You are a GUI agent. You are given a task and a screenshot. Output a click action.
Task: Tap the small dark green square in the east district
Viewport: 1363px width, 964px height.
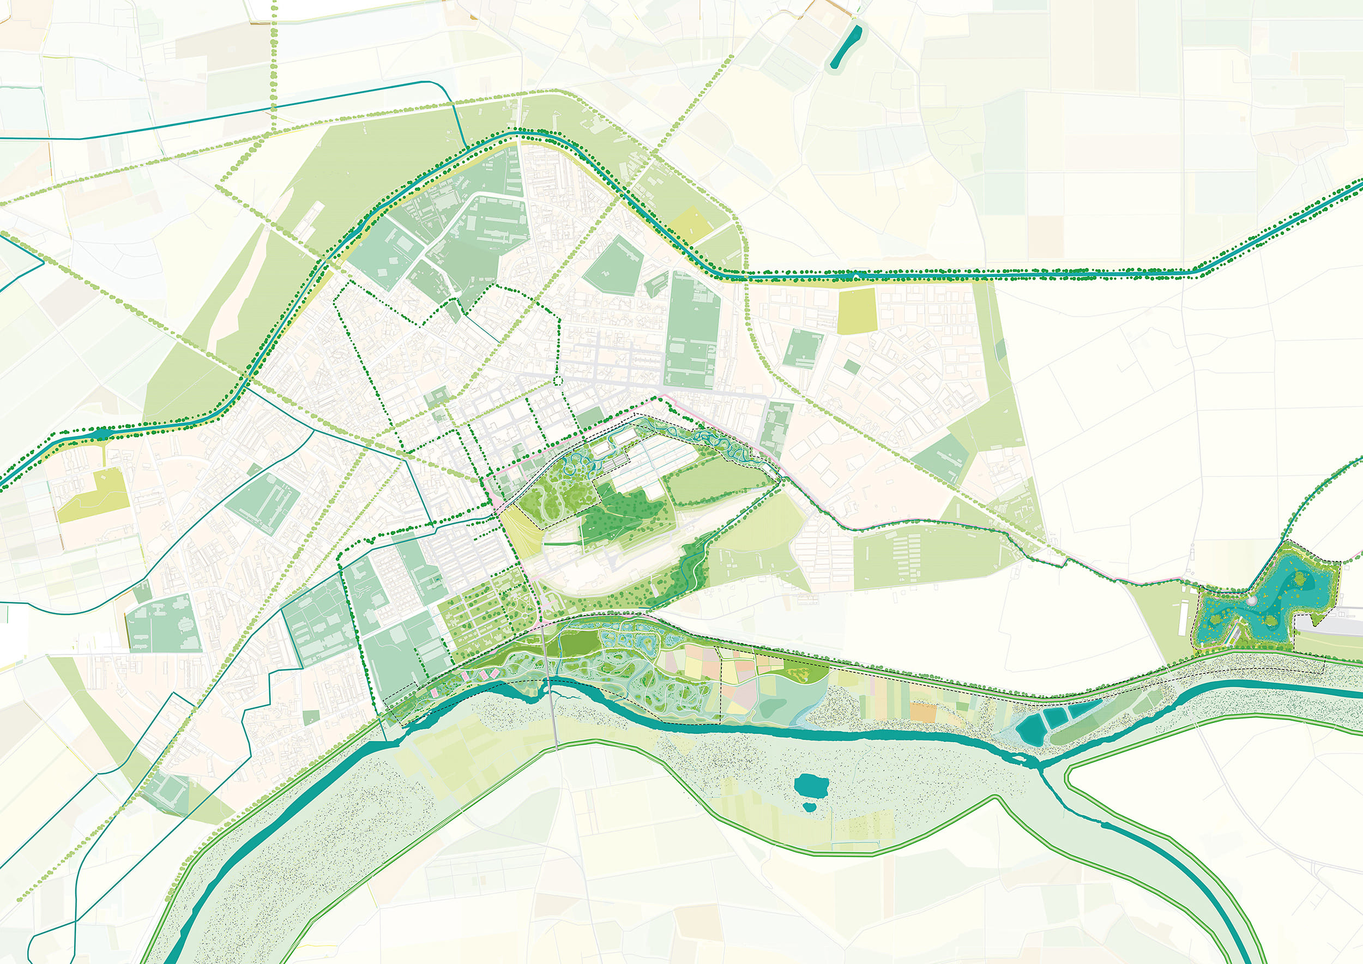click(x=851, y=367)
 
